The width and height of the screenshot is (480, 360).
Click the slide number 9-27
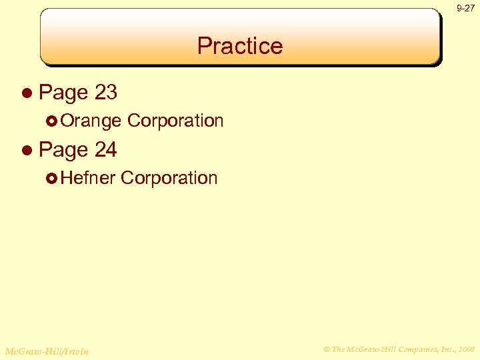465,8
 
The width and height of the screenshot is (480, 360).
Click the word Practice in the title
240,46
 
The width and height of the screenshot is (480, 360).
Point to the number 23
106,93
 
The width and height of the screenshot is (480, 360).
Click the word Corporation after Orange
175,121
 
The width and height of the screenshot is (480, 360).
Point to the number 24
106,150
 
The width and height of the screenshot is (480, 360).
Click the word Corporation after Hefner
169,178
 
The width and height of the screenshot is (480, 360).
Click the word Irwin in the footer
75,351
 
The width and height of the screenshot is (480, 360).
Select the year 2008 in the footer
467,348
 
